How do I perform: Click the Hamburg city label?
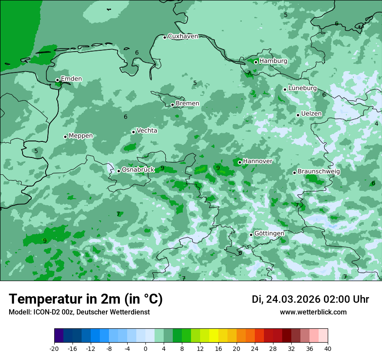pos(273,61)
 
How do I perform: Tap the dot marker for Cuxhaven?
pos(165,37)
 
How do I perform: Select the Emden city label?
pos(71,79)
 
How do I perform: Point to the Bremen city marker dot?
pos(172,105)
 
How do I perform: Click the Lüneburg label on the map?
pos(302,88)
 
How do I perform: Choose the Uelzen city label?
pos(311,114)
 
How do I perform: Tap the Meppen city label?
pos(81,136)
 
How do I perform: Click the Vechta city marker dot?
pos(133,132)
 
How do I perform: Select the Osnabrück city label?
pos(138,170)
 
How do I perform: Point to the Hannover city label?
pos(257,161)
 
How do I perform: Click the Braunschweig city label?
pos(319,171)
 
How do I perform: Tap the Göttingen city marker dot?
pos(251,235)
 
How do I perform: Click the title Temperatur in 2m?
pos(86,299)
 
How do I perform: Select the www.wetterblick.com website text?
pos(313,312)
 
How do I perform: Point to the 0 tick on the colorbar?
pos(145,348)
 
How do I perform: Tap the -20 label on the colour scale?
pos(54,348)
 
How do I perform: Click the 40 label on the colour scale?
pos(328,348)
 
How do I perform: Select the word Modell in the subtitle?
pos(20,312)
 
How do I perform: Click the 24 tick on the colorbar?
pos(255,348)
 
